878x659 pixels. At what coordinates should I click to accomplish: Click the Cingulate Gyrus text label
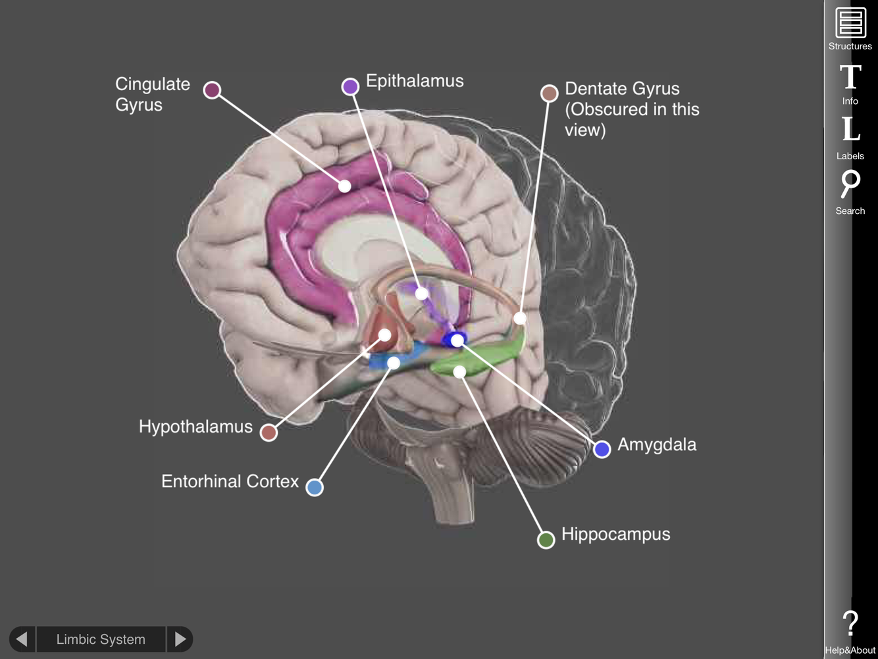click(x=152, y=94)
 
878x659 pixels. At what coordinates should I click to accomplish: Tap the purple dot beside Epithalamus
click(x=350, y=86)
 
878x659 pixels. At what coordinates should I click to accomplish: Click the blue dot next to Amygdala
click(x=602, y=449)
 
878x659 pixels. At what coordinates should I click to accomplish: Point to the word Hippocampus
click(x=615, y=534)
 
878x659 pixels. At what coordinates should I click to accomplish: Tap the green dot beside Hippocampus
click(x=546, y=540)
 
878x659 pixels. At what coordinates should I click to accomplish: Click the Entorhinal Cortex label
click(x=230, y=481)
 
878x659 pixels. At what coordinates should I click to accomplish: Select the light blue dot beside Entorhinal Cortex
click(x=315, y=487)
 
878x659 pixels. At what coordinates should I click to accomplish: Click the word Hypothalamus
click(x=195, y=427)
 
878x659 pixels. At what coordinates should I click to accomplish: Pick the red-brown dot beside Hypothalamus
click(x=269, y=433)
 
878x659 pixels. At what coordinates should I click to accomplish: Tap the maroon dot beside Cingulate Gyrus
click(x=212, y=90)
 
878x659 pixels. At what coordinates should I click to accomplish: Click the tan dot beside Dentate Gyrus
click(x=549, y=93)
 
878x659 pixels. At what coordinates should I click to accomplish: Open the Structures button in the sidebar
click(x=850, y=28)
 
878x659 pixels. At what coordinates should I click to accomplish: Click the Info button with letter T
click(x=850, y=83)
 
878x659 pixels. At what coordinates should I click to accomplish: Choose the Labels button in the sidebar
click(x=850, y=137)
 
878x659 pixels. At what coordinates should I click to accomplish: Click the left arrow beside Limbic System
click(x=22, y=639)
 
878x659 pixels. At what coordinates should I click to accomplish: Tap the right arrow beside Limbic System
click(x=180, y=639)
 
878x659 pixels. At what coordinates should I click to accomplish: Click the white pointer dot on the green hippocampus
click(x=459, y=372)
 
